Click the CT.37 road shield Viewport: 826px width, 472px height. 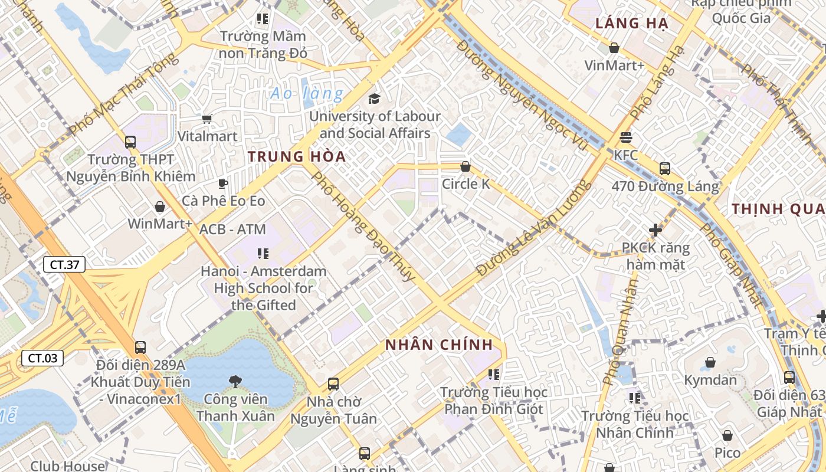64,264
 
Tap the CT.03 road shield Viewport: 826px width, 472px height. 42,358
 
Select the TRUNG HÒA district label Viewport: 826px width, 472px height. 296,157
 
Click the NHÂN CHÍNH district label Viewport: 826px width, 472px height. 438,345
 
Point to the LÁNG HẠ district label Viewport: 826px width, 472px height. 631,24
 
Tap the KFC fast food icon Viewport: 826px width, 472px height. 626,137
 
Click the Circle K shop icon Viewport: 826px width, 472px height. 466,167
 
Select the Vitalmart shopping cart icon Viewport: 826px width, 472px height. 207,119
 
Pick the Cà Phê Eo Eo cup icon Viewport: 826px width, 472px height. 223,183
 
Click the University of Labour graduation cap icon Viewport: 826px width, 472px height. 374,99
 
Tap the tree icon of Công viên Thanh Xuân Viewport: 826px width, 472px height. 235,382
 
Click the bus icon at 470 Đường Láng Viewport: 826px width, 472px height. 665,169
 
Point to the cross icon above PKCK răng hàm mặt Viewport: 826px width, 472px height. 655,230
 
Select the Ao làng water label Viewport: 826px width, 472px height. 306,93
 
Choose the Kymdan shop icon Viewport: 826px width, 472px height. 710,362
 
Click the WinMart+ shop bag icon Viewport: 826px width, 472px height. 160,206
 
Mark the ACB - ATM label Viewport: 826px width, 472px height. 232,229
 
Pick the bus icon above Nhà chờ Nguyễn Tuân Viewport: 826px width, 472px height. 333,384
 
